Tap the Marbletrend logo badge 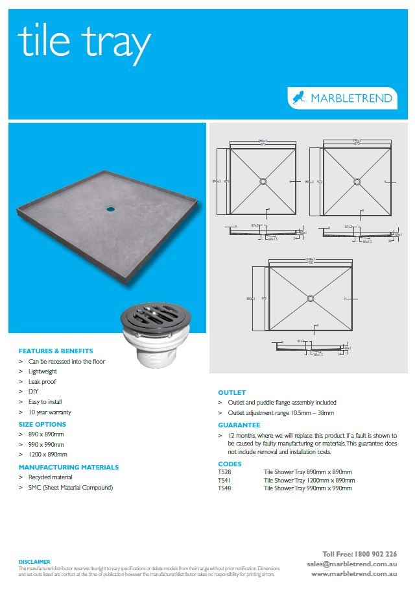tap(342, 98)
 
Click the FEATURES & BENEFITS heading tap(56, 351)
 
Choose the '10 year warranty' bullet tap(49, 412)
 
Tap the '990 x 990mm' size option tap(45, 444)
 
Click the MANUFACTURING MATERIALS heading tap(68, 467)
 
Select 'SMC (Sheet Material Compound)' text tap(71, 488)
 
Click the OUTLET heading tap(231, 393)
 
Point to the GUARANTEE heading tap(239, 425)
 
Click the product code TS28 tap(224, 472)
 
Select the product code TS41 tap(224, 480)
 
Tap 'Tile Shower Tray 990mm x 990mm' tap(307, 488)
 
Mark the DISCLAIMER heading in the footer tap(34, 562)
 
